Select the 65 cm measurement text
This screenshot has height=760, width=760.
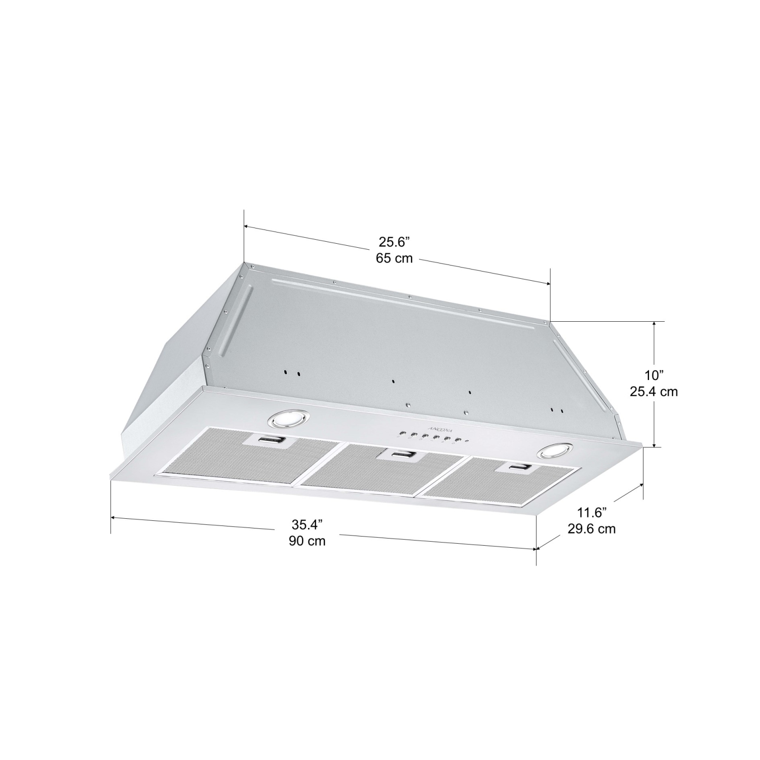tap(394, 258)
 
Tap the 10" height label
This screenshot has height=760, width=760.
tap(654, 375)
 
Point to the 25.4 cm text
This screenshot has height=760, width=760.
tap(654, 392)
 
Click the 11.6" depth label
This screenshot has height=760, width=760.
tap(591, 513)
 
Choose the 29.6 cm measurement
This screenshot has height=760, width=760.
tap(591, 529)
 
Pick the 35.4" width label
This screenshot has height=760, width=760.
tap(307, 524)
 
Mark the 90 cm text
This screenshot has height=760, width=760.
tap(307, 541)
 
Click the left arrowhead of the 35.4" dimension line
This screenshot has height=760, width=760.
tap(113, 518)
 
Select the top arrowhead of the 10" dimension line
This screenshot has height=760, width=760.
tap(657, 324)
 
